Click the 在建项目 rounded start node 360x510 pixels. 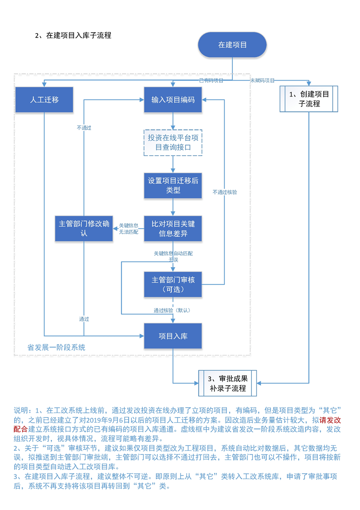(x=232, y=45)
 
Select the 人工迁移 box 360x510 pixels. (x=44, y=99)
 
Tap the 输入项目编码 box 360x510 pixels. (x=173, y=99)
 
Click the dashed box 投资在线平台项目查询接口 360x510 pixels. (x=173, y=143)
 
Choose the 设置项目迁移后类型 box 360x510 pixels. (x=173, y=185)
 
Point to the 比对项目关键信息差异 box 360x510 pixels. (x=173, y=229)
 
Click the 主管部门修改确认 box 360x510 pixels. (x=84, y=228)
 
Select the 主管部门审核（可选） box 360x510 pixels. (x=173, y=284)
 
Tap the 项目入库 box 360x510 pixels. (x=173, y=336)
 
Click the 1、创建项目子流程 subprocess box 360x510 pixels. (x=309, y=99)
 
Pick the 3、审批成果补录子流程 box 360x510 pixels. (x=227, y=383)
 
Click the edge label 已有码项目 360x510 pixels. (x=211, y=81)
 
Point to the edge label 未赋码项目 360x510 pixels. (x=262, y=81)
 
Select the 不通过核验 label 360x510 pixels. (x=225, y=192)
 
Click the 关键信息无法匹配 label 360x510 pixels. (x=129, y=228)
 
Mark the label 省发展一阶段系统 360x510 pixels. (x=56, y=348)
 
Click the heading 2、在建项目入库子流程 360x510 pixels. (x=73, y=35)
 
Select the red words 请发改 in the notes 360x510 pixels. (x=330, y=420)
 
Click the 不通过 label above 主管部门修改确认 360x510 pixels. (x=84, y=128)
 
